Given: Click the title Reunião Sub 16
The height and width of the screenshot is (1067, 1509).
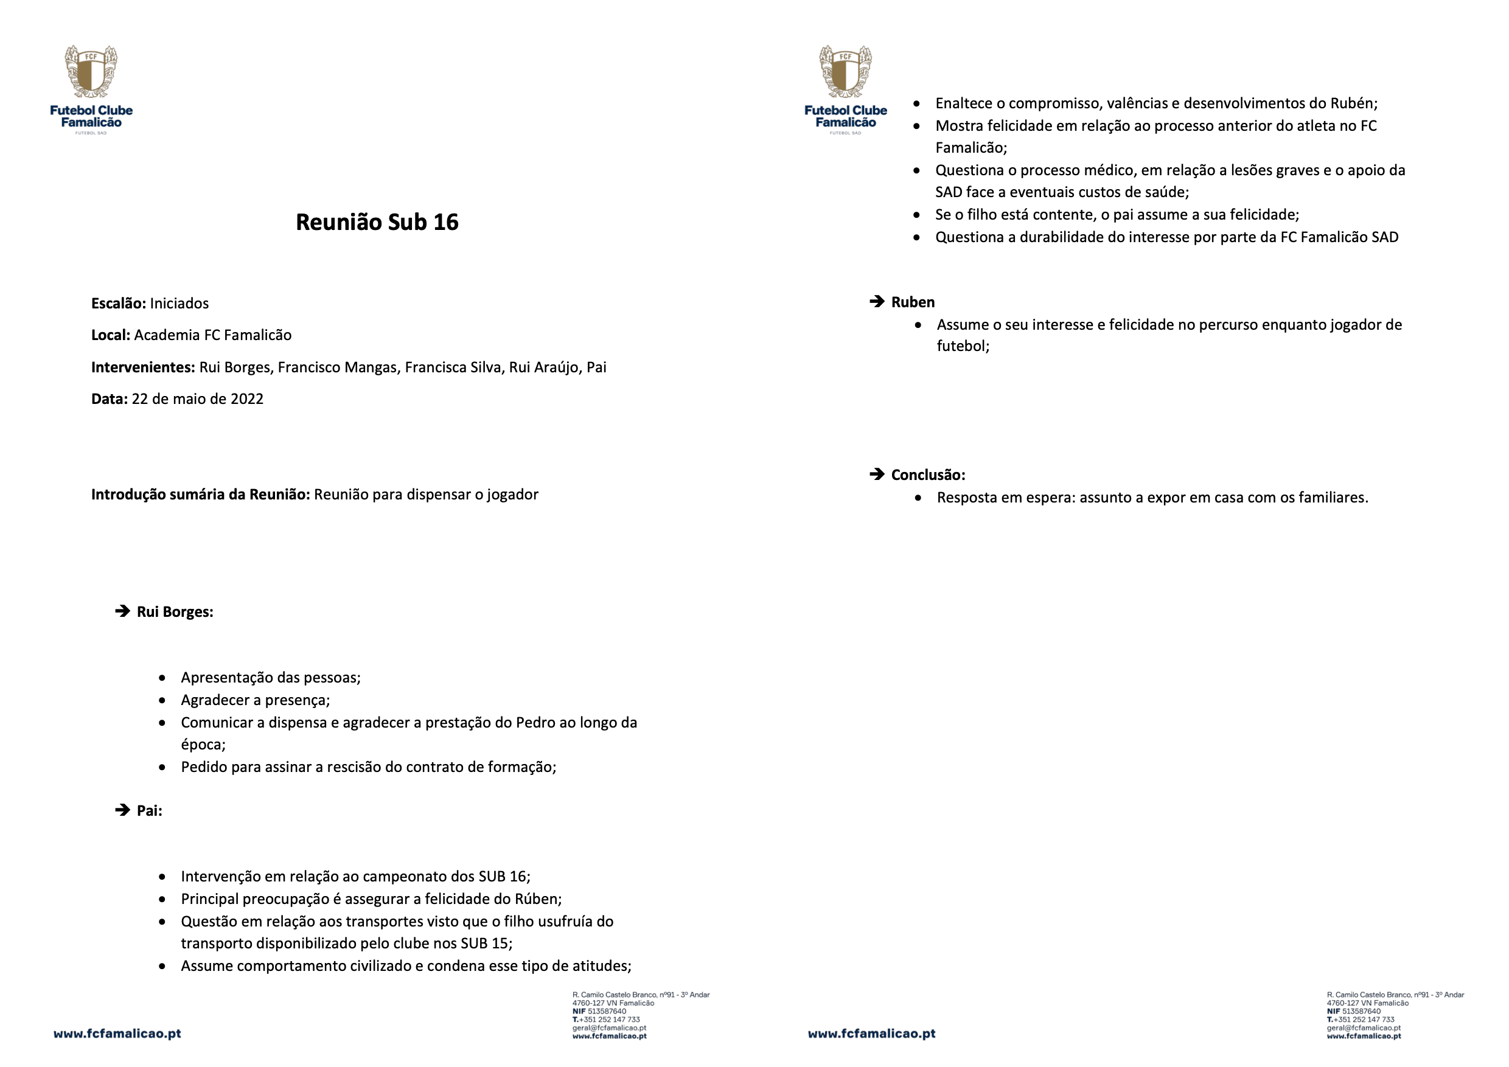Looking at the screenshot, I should [377, 222].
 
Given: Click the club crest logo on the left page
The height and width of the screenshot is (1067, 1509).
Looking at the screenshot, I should [91, 72].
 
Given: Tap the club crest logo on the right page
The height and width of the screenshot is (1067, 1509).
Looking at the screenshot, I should [845, 72].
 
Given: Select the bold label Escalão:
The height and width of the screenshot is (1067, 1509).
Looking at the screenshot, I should [118, 304].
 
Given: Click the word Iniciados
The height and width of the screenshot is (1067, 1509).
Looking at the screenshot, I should [179, 304].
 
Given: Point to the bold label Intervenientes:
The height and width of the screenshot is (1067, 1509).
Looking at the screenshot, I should [142, 367].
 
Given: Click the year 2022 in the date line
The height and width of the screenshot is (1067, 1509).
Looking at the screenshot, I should [247, 400].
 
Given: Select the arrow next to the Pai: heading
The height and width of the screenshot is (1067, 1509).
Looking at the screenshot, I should [123, 810].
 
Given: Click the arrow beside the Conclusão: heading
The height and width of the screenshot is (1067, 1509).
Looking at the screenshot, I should [877, 474].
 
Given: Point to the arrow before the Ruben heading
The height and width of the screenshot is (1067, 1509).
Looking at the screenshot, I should [877, 302].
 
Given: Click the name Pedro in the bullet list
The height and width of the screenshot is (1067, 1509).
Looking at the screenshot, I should [535, 723].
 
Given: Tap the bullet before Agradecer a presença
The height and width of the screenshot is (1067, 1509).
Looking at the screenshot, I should [162, 700].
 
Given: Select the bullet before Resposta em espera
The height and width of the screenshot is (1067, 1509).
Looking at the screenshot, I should [918, 498].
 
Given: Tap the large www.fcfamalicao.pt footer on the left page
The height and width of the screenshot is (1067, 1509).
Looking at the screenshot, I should [117, 1034].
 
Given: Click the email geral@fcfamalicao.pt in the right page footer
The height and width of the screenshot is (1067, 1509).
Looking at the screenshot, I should [1363, 1028].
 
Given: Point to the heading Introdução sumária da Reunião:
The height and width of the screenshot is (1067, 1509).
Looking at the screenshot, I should [200, 495].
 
